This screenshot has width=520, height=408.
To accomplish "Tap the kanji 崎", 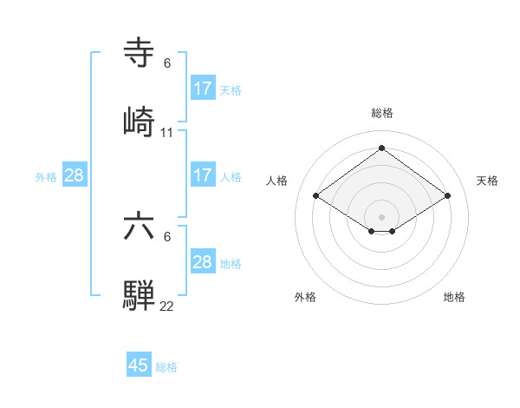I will tap(139, 122).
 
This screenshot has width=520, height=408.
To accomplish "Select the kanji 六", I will tap(139, 227).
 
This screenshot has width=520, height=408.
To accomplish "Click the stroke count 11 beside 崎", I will tap(167, 133).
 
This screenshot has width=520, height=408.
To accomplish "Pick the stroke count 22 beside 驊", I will tap(167, 306).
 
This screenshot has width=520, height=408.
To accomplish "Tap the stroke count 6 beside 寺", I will tap(167, 63).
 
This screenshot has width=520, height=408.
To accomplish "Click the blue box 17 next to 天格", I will tap(203, 89).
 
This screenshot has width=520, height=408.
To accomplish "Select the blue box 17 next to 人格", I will tap(203, 175).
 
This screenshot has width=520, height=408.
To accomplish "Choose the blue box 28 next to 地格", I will tap(203, 262).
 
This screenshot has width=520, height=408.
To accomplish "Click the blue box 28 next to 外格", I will tap(75, 175).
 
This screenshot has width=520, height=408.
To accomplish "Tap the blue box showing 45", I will tap(139, 365).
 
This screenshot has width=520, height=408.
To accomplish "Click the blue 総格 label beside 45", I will tap(167, 367).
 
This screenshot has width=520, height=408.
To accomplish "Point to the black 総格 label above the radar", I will tap(381, 113).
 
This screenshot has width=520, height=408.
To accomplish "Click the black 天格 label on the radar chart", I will tap(487, 181).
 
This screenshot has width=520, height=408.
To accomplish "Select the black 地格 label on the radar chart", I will tap(454, 297).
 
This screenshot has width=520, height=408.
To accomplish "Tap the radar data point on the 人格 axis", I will tap(316, 196).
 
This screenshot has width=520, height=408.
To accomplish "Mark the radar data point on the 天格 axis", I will tap(447, 196).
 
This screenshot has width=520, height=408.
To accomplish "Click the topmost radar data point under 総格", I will tap(381, 148).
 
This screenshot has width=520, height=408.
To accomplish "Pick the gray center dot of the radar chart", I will tap(381, 215).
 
